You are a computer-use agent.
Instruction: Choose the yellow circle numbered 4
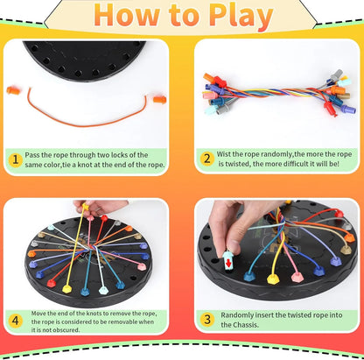tap(15, 321)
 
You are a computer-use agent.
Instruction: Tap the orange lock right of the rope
tap(158, 99)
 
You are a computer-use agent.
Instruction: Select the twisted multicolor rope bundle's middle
tap(273, 91)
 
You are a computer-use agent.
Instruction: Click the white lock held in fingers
tap(228, 261)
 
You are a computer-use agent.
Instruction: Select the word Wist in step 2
tap(225, 153)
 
